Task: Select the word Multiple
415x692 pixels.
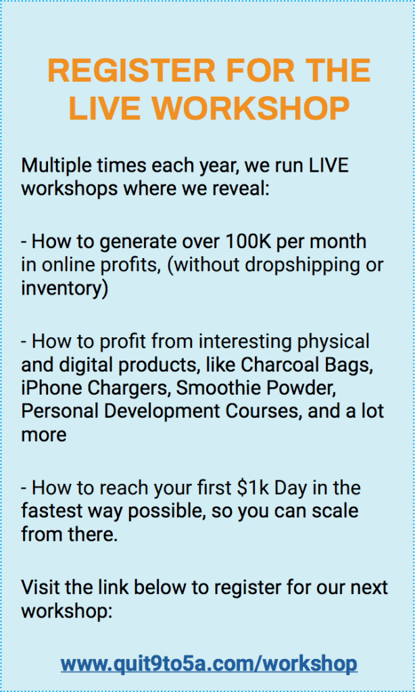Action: point(50,167)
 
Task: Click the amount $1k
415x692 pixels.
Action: point(253,488)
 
